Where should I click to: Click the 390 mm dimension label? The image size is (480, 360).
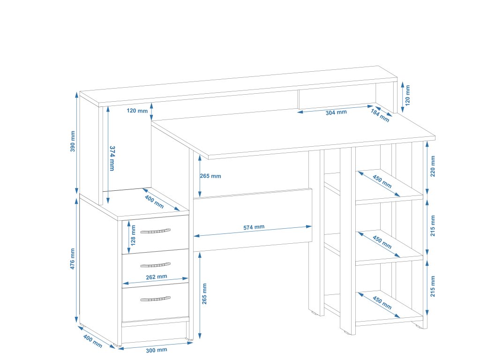pyautogui.click(x=73, y=144)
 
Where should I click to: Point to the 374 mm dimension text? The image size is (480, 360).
pyautogui.click(x=112, y=158)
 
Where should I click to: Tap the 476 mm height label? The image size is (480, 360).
pyautogui.click(x=73, y=259)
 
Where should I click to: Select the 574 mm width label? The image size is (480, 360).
pyautogui.click(x=254, y=227)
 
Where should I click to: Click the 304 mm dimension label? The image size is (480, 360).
pyautogui.click(x=336, y=112)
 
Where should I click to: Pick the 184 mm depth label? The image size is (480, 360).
pyautogui.click(x=380, y=115)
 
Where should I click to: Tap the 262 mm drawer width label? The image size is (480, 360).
pyautogui.click(x=156, y=277)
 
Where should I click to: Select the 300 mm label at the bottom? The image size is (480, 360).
pyautogui.click(x=156, y=350)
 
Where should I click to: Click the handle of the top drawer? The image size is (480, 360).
pyautogui.click(x=155, y=231)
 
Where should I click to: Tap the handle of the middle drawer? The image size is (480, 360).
pyautogui.click(x=155, y=265)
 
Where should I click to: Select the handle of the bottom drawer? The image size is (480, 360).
pyautogui.click(x=155, y=299)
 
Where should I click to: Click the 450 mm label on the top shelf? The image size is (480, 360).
pyautogui.click(x=382, y=181)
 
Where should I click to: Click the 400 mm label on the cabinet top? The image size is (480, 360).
pyautogui.click(x=154, y=202)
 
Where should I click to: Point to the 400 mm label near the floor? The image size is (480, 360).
pyautogui.click(x=92, y=341)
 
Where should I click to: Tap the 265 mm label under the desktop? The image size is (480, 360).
pyautogui.click(x=210, y=176)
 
